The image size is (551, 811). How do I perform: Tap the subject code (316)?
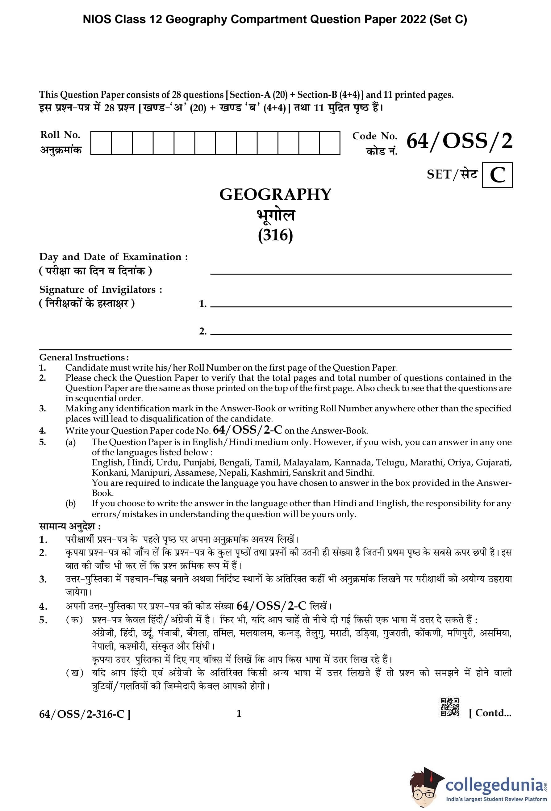275,235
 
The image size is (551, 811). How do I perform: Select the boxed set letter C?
497,175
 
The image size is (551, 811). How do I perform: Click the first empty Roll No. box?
101,143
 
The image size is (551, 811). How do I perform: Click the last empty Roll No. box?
330,143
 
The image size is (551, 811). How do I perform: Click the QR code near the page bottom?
449,707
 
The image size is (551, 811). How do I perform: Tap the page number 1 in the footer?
239,714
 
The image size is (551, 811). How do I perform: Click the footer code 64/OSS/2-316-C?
85,714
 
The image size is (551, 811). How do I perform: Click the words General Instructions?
84,357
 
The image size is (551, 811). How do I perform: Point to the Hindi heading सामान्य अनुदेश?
70,526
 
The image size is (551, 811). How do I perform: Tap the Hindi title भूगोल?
275,215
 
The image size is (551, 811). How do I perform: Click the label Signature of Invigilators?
100,290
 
